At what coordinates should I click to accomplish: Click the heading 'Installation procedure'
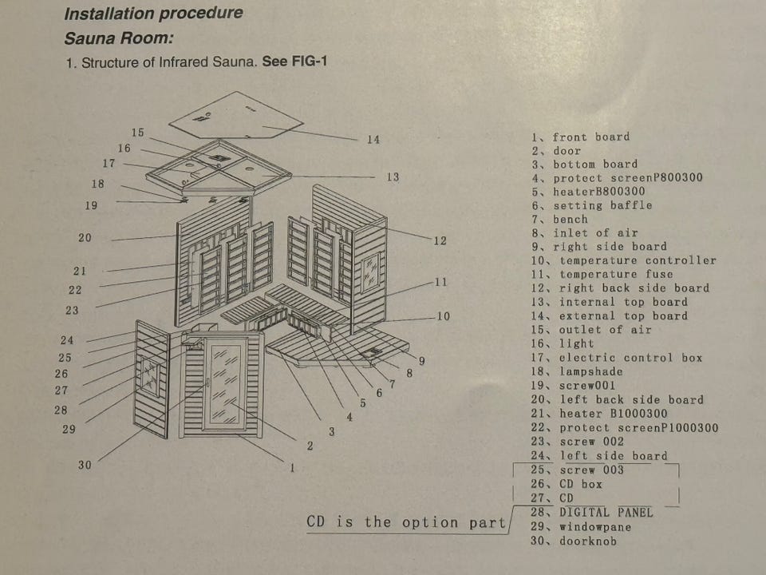coord(153,14)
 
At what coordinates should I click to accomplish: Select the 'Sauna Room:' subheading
coord(119,38)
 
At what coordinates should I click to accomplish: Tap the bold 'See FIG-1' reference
coord(294,62)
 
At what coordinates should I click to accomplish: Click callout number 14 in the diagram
coord(373,140)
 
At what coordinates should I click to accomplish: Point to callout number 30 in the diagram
coord(85,465)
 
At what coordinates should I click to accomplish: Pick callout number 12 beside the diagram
coord(440,240)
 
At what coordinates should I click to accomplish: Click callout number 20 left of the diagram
coord(85,238)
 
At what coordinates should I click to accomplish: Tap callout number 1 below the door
coord(292,468)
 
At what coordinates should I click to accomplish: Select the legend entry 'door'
coord(567,151)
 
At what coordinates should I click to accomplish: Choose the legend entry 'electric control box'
coord(630,358)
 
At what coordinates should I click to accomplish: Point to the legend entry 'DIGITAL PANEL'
coord(606,513)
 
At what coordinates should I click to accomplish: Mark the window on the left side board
coord(150,373)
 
